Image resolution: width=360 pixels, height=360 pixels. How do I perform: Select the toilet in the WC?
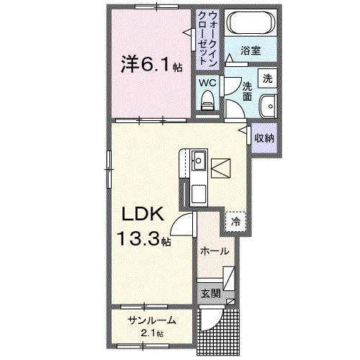[x=208, y=101]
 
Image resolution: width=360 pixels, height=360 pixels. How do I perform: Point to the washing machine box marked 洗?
[x=267, y=78]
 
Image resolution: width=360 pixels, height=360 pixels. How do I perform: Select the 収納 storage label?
[x=264, y=137]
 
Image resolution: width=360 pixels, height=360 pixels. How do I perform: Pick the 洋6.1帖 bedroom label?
[x=151, y=66]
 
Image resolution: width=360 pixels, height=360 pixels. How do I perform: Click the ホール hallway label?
[x=215, y=251]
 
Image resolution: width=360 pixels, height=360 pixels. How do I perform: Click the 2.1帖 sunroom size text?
[x=152, y=333]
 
